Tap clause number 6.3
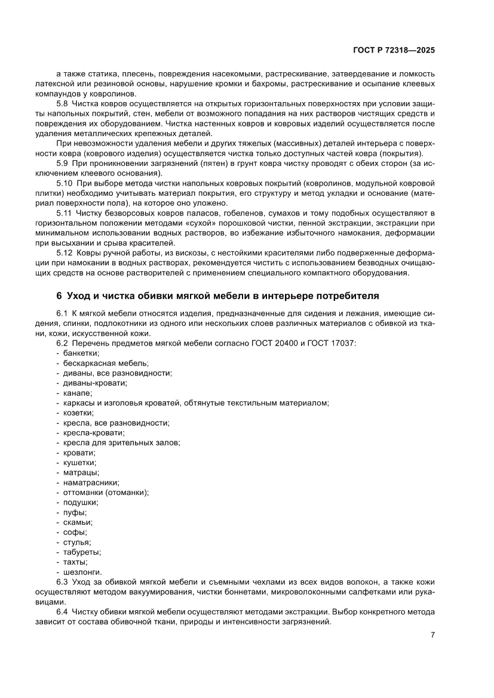[x=63, y=582]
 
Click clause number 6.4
[x=63, y=612]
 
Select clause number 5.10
[x=65, y=183]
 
